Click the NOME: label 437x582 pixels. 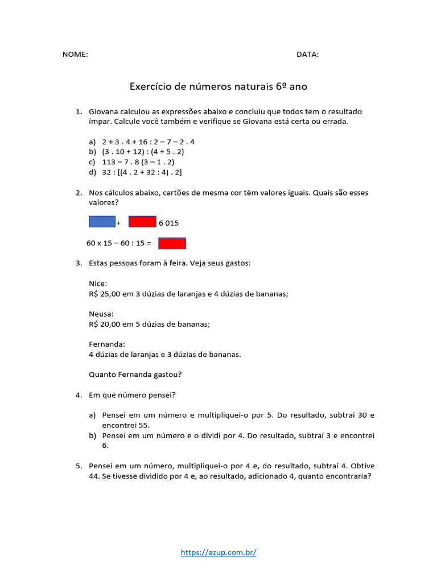(x=75, y=55)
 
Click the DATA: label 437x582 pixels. (x=307, y=55)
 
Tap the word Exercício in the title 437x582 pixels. (x=150, y=86)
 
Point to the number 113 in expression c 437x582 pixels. (x=109, y=162)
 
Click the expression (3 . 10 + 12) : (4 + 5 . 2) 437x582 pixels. (x=143, y=152)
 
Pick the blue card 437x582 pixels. (x=102, y=222)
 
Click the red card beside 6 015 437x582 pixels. (x=142, y=222)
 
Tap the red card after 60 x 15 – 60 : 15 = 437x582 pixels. (x=172, y=243)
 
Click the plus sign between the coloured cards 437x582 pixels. (x=118, y=223)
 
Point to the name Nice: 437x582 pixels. (x=98, y=284)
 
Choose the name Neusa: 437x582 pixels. (x=101, y=314)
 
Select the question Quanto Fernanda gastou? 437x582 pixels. (x=135, y=374)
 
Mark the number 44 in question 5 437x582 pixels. (x=94, y=476)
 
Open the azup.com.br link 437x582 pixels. (x=218, y=552)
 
